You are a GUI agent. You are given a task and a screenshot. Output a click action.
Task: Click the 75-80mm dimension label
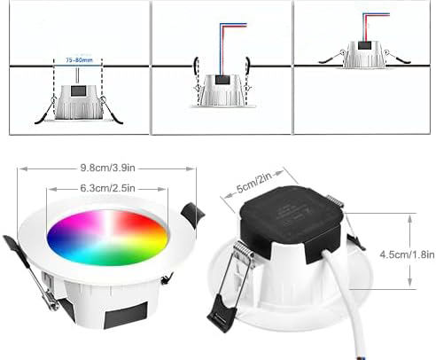coord(79,60)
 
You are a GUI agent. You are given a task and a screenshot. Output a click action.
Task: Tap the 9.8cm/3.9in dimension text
coord(108,168)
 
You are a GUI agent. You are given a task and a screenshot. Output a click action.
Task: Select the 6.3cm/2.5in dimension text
coord(107,188)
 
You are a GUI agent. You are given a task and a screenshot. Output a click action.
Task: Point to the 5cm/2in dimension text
coord(254,183)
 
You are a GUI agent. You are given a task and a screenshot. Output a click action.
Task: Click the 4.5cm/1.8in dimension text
coord(407,254)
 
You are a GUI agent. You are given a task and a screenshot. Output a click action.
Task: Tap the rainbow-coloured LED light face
coord(108,238)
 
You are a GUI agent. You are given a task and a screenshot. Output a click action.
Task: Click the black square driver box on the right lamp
coord(291,222)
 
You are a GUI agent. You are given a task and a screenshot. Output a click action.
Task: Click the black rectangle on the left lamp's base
coord(126,315)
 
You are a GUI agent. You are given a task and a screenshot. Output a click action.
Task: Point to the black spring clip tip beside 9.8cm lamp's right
coord(192,215)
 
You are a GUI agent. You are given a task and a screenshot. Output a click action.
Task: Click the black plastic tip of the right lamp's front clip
coord(219,316)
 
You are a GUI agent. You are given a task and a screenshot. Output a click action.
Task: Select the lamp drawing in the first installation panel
coord(79,103)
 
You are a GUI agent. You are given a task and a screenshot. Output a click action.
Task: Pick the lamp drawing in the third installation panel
coord(364,55)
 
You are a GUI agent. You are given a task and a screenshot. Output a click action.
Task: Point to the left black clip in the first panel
coord(44,113)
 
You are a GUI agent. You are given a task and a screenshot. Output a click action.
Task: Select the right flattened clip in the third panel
coord(398,57)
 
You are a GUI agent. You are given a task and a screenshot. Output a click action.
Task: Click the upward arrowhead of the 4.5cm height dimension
coord(410,218)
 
